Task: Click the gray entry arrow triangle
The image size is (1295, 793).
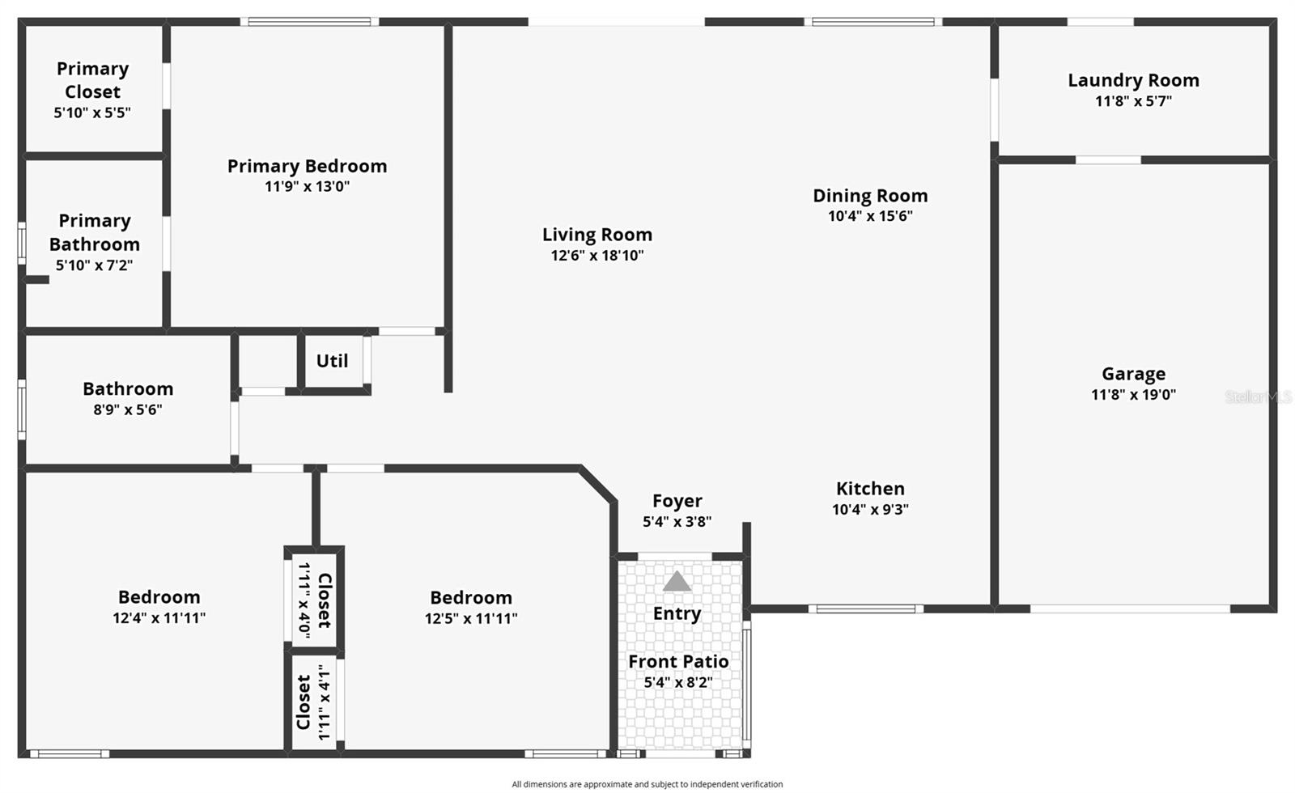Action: [x=677, y=582]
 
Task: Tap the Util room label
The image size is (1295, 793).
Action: [x=332, y=361]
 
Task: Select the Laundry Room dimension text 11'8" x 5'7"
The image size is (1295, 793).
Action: [x=1133, y=101]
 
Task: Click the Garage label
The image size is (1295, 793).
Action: [x=1133, y=374]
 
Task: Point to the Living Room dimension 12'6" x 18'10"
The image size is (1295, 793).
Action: [x=597, y=256]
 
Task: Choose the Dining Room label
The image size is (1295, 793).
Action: [x=870, y=196]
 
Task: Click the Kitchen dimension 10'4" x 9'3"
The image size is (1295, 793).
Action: [x=870, y=510]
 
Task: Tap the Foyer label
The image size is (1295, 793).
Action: [x=677, y=501]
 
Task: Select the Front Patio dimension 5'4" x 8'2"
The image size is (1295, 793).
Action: [x=678, y=682]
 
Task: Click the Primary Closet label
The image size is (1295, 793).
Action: [x=92, y=80]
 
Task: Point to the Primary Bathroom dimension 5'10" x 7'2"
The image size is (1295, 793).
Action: [x=94, y=265]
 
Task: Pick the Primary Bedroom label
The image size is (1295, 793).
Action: [x=307, y=166]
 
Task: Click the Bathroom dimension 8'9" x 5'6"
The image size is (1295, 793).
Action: [x=128, y=409]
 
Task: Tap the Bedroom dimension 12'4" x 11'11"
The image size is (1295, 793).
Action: [x=159, y=618]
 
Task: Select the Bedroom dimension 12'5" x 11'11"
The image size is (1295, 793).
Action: [x=471, y=618]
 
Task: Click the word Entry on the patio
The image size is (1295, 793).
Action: [x=677, y=613]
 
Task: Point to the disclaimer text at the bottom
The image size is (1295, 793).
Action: [x=647, y=784]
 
